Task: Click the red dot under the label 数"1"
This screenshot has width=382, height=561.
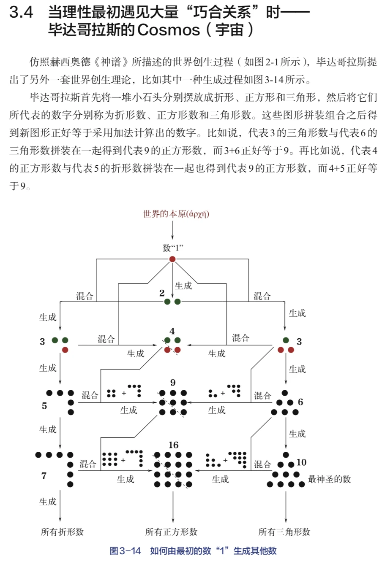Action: click(x=172, y=259)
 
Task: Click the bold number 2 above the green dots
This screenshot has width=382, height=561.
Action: click(x=162, y=293)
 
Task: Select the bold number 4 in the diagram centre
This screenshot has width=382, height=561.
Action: click(x=172, y=331)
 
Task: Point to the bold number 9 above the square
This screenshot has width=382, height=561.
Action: click(x=173, y=383)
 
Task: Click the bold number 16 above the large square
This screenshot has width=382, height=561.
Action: click(x=173, y=445)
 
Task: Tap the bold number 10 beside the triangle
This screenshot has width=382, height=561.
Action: click(x=301, y=462)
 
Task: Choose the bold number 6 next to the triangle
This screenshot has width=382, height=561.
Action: click(x=300, y=402)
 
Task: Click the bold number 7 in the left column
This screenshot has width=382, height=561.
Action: click(x=44, y=476)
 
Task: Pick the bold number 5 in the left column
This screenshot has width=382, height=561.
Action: click(x=44, y=406)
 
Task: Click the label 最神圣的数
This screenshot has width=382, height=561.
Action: click(x=329, y=479)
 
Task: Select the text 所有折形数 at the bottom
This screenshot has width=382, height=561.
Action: click(x=62, y=532)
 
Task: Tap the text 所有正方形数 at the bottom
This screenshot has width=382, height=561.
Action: click(x=172, y=532)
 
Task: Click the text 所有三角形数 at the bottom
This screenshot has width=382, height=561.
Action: click(x=284, y=532)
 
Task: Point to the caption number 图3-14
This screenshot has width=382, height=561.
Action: click(x=125, y=551)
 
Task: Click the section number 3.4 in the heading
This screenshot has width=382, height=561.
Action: click(x=21, y=13)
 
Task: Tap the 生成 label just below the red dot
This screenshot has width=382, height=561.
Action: click(x=183, y=286)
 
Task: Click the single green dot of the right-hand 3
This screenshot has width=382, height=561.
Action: click(x=286, y=340)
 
